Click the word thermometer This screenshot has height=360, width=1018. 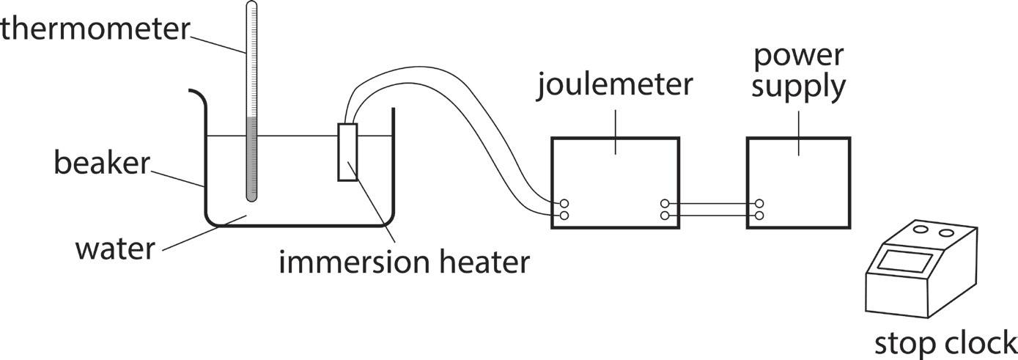pyautogui.click(x=95, y=29)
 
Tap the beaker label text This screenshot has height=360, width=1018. pyautogui.click(x=101, y=163)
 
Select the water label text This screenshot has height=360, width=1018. pyautogui.click(x=115, y=249)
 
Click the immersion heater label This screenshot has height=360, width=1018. pyautogui.click(x=403, y=262)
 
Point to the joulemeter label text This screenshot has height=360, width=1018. pyautogui.click(x=615, y=85)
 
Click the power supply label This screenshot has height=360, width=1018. pyautogui.click(x=798, y=71)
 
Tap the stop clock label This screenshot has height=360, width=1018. pyautogui.click(x=945, y=342)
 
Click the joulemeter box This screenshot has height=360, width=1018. pyautogui.click(x=615, y=183)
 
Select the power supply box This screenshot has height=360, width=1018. pyautogui.click(x=798, y=183)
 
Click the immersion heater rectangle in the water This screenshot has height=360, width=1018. pyautogui.click(x=347, y=152)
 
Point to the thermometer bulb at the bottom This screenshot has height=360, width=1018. pyautogui.click(x=251, y=195)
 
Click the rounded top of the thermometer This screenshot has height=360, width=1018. pyautogui.click(x=251, y=5)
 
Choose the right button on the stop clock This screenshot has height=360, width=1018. pyautogui.click(x=947, y=234)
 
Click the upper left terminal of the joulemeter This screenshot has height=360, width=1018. pyautogui.click(x=564, y=203)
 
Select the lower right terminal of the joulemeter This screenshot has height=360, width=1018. pyautogui.click(x=665, y=216)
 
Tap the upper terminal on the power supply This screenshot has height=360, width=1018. pyautogui.click(x=760, y=203)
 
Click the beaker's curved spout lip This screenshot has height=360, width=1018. pyautogui.click(x=196, y=95)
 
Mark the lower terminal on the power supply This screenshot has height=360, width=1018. pyautogui.click(x=760, y=216)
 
